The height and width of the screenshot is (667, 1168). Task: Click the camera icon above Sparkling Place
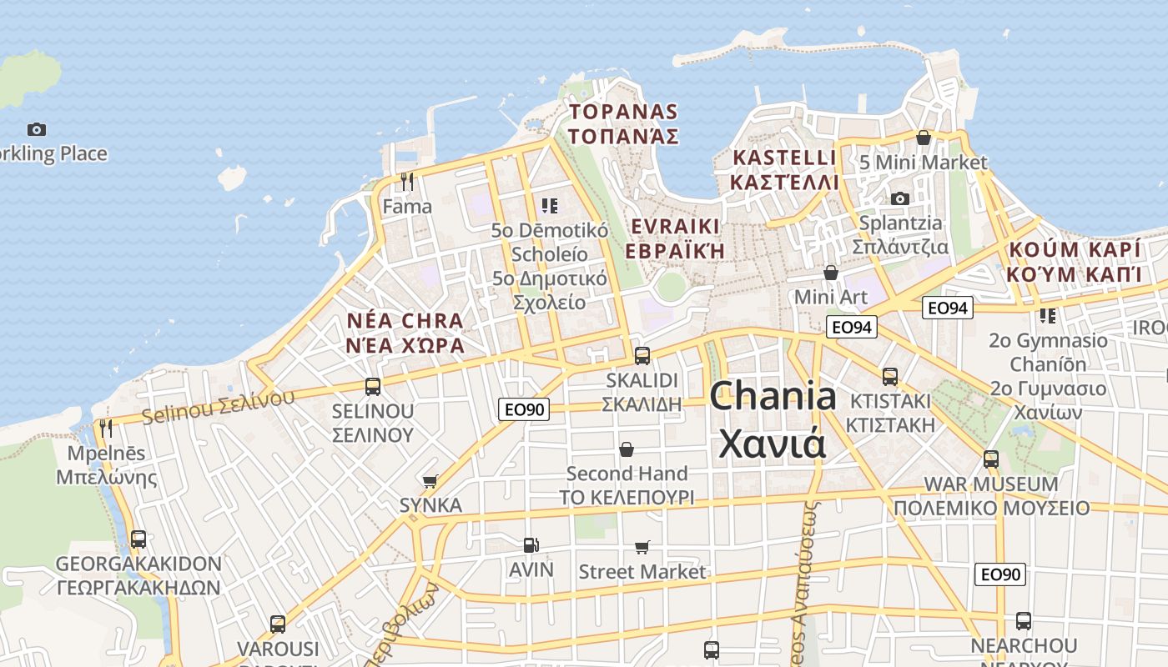36,129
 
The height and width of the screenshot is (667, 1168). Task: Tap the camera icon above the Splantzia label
899,198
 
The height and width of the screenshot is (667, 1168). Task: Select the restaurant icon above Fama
407,181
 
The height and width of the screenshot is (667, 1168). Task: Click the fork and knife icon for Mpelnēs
106,429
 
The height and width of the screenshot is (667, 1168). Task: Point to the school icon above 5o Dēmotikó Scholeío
549,205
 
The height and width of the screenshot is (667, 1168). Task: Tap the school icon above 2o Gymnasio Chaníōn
1047,315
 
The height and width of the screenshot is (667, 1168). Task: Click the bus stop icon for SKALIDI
642,355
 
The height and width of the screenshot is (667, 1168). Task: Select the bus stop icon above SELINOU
373,386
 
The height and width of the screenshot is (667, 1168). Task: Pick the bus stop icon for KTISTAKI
890,376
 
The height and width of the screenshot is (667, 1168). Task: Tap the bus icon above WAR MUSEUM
991,459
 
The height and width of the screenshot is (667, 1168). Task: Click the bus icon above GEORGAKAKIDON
138,539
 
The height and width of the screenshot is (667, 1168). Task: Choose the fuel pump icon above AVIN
531,545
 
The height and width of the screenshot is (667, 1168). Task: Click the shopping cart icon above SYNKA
430,480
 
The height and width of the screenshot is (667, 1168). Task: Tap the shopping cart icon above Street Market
642,547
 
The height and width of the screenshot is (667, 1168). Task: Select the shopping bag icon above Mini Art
830,272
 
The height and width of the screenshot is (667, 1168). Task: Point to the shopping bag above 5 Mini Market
924,138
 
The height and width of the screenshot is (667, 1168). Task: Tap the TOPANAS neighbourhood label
623,112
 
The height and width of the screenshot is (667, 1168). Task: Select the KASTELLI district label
784,158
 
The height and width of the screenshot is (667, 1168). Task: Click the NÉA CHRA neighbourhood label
405,321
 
